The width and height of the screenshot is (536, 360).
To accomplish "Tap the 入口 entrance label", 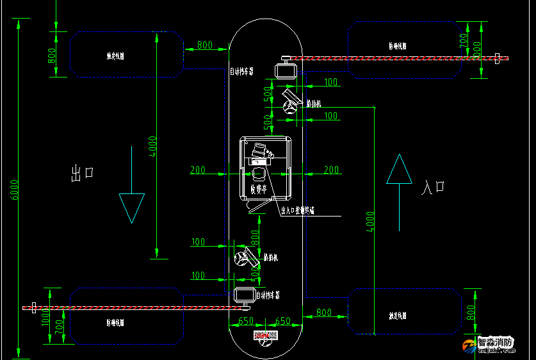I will tap(433, 188).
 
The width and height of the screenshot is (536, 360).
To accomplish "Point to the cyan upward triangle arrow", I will tap(399, 170).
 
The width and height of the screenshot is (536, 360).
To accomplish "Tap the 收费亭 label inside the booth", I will tap(259, 190).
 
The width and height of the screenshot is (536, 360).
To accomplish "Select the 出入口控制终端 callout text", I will tap(297, 209).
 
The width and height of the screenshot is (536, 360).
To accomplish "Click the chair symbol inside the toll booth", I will tap(259, 174).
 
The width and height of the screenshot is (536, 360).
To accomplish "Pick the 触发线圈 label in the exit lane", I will tap(115, 55).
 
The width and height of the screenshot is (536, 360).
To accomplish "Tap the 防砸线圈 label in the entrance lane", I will tap(398, 46).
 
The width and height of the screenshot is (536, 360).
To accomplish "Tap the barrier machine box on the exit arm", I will tap(244, 295).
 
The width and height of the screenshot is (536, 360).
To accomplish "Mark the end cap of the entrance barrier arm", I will tap(498, 58).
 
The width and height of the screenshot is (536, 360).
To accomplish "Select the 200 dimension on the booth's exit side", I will tap(198, 170).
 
